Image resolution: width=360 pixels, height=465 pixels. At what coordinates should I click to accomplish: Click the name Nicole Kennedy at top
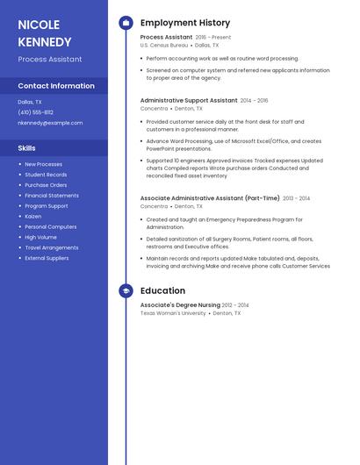pos(45,32)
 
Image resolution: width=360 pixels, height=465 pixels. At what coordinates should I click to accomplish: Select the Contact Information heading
pos(56,86)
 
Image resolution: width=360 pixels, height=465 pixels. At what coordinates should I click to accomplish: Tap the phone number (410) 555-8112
pos(35,112)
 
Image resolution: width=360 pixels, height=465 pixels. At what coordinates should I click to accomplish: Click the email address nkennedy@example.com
pos(50,123)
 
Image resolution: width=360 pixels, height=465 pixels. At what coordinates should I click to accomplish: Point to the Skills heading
pos(26,148)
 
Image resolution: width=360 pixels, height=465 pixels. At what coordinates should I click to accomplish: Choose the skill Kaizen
pos(32,216)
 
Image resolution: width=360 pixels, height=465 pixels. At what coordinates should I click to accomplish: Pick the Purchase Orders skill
pos(46,185)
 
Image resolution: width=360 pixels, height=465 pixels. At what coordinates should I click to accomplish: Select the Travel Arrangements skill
pos(51,247)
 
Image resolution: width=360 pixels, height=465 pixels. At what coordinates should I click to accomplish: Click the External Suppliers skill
pos(47,258)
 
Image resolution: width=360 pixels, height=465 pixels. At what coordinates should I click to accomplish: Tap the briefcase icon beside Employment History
pos(126,23)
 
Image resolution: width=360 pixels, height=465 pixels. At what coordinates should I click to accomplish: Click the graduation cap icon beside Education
pos(126,290)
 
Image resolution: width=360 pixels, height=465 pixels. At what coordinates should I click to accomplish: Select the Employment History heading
pos(185,23)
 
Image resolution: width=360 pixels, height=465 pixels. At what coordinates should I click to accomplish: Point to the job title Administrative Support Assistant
pos(189,101)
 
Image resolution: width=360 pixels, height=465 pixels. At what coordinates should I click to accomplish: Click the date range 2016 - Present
pos(213,38)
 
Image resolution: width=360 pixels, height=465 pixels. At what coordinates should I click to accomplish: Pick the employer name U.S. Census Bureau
pos(164,45)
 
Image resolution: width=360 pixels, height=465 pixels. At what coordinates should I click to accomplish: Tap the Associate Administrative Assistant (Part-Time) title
pos(210,198)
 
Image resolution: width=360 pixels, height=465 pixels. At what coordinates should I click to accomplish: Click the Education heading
pos(162,290)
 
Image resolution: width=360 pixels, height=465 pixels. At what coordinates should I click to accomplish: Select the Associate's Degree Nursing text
pos(180,305)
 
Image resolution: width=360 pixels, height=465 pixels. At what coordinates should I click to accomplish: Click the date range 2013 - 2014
pos(296,198)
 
